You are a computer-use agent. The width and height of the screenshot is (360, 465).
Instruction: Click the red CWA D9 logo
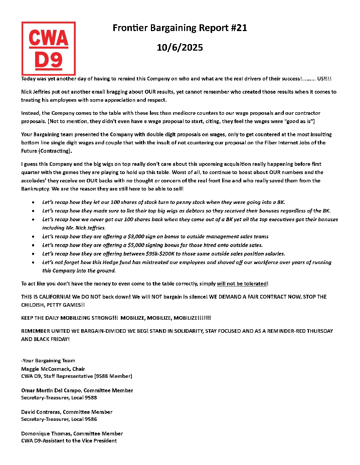49,48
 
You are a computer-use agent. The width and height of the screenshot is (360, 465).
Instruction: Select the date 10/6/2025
180,48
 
